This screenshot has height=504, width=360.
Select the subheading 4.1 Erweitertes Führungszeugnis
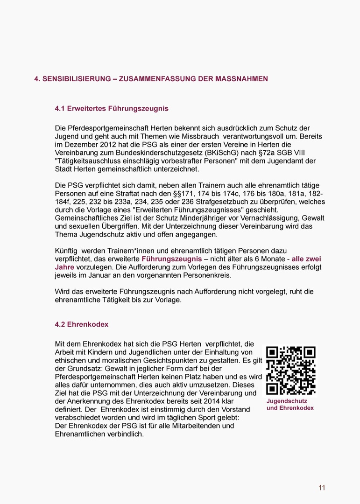coord(111,108)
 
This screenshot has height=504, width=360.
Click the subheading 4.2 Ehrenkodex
coord(81,324)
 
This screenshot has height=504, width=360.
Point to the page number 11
coord(322,488)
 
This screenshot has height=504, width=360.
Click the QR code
coord(290,370)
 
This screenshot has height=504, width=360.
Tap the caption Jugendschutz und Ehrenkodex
coord(290,404)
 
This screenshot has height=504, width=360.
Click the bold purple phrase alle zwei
coord(306,259)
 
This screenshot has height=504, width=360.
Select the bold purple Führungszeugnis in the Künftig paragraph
coord(172,259)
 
